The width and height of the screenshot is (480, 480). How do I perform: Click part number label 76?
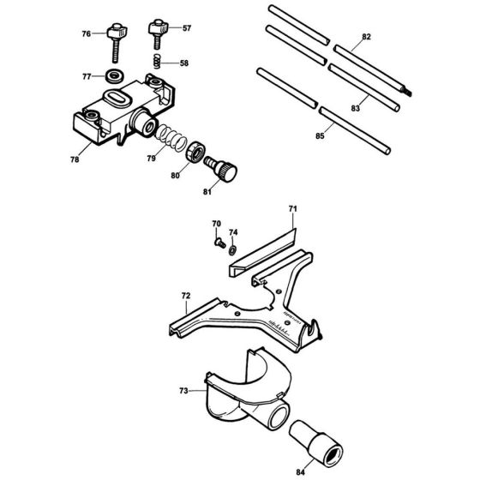pyautogui.click(x=87, y=33)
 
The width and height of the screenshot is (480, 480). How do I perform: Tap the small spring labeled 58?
pyautogui.click(x=157, y=61)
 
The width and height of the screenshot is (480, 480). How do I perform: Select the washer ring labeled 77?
pyautogui.click(x=115, y=75)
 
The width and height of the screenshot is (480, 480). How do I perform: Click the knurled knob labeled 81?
pyautogui.click(x=221, y=170)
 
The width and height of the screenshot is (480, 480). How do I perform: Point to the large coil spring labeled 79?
pyautogui.click(x=171, y=138)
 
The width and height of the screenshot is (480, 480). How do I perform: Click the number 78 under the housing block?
pyautogui.click(x=75, y=159)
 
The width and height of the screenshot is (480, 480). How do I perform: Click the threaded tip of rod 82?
pyautogui.click(x=407, y=92)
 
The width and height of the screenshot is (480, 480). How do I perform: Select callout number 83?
pyautogui.click(x=356, y=108)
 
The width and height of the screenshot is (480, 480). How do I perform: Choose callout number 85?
pyautogui.click(x=320, y=135)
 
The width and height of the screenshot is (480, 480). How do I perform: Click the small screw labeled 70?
pyautogui.click(x=219, y=243)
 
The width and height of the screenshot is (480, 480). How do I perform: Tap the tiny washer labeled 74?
pyautogui.click(x=232, y=249)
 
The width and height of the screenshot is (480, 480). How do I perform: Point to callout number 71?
pyautogui.click(x=293, y=209)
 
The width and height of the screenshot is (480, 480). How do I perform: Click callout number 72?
pyautogui.click(x=186, y=296)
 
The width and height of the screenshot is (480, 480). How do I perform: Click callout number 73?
pyautogui.click(x=183, y=391)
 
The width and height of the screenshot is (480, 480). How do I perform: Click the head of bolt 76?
pyautogui.click(x=117, y=31)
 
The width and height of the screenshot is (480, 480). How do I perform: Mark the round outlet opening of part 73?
pyautogui.click(x=279, y=415)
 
